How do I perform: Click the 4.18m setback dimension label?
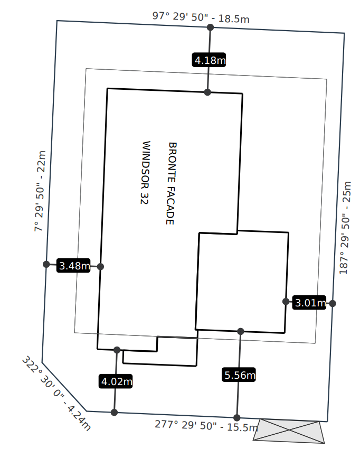tap(209, 60)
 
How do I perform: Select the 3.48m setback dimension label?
tap(73, 266)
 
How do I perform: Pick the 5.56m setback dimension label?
tap(239, 375)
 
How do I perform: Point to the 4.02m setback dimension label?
tap(116, 380)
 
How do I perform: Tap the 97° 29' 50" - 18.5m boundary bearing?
tap(201, 17)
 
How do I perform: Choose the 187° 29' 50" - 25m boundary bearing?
tap(345, 228)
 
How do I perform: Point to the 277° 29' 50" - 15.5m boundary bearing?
tap(206, 425)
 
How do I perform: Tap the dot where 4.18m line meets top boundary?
tap(210, 27)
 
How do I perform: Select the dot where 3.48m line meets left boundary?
tap(46, 264)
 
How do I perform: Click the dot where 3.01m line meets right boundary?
tap(332, 303)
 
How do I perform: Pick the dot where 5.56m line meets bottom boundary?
tap(237, 417)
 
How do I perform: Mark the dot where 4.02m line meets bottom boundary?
tap(115, 412)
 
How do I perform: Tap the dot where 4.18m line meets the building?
tap(207, 92)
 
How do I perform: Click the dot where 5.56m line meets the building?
tap(241, 331)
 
